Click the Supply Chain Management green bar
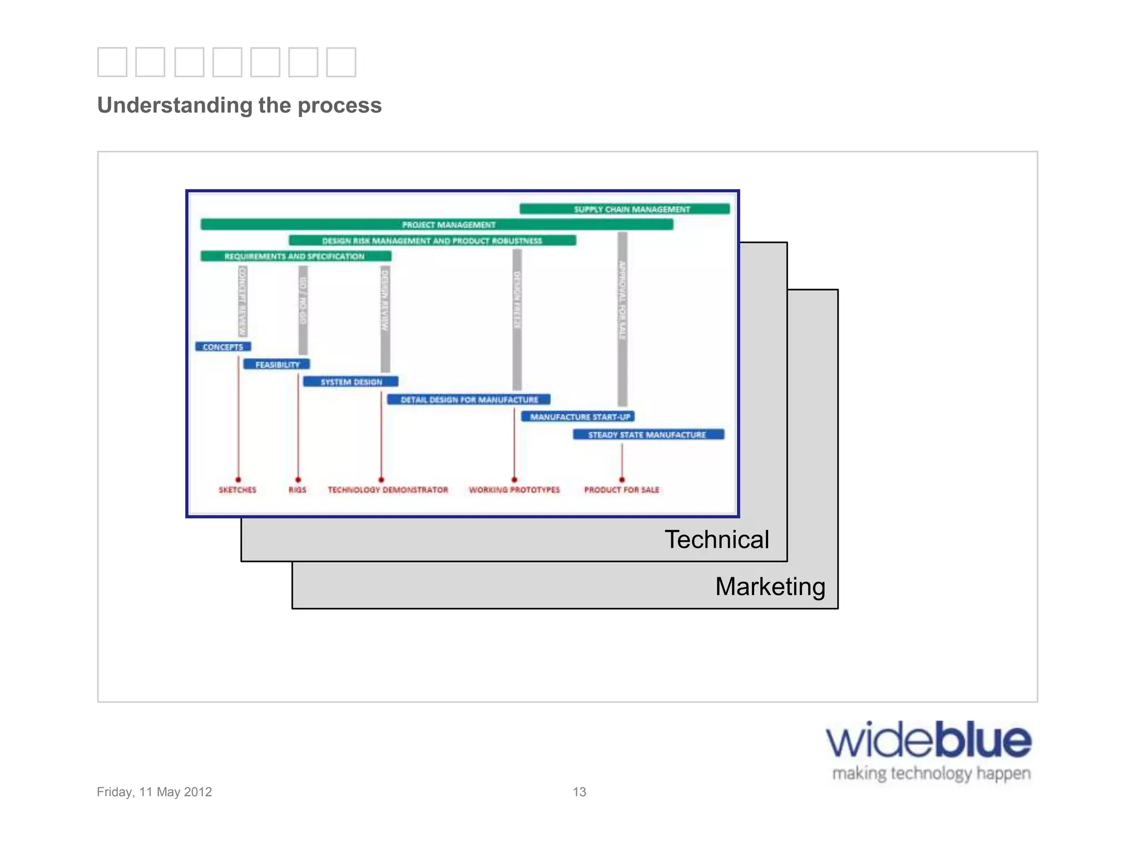pos(625,209)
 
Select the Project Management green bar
pos(437,225)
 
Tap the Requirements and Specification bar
pos(296,256)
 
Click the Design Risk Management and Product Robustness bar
pos(432,241)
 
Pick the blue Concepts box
pos(223,347)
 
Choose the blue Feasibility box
pos(276,365)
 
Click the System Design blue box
pos(350,382)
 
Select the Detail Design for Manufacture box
pos(469,400)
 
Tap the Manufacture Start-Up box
pos(578,417)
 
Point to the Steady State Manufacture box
pos(648,435)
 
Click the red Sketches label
pos(237,490)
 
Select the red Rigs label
pos(298,490)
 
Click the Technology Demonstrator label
pos(388,490)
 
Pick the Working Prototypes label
pos(514,490)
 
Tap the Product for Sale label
pos(621,490)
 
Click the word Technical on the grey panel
pos(717,539)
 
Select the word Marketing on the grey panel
pos(770,587)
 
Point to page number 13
pos(579,792)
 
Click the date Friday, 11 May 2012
pos(155,792)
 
